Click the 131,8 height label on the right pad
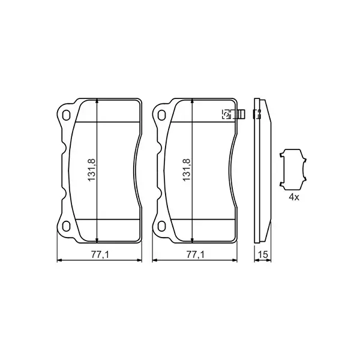pos(187,170)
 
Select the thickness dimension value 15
pos(262,255)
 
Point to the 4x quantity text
pos(293,196)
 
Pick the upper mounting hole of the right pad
pos(161,116)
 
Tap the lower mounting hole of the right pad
pos(161,226)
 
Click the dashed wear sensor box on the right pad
pos(227,114)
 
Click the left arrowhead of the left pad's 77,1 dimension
pos(58,261)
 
